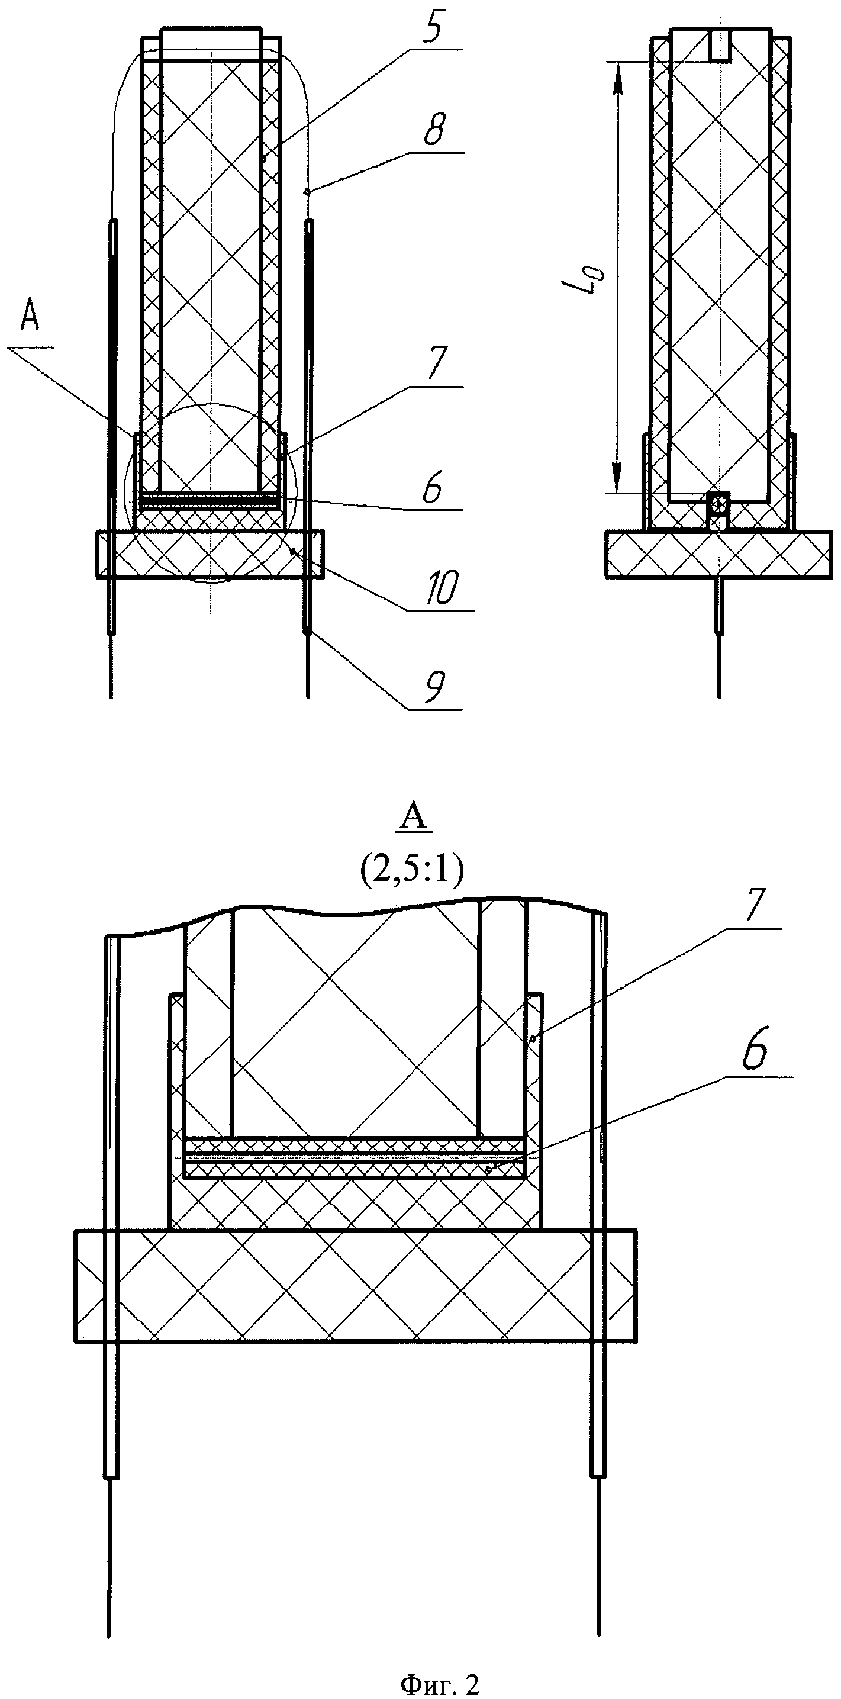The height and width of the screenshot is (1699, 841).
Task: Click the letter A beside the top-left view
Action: pos(30,318)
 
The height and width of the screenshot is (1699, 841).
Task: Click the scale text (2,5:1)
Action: pos(411,871)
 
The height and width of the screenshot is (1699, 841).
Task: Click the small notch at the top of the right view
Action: pos(720,45)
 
